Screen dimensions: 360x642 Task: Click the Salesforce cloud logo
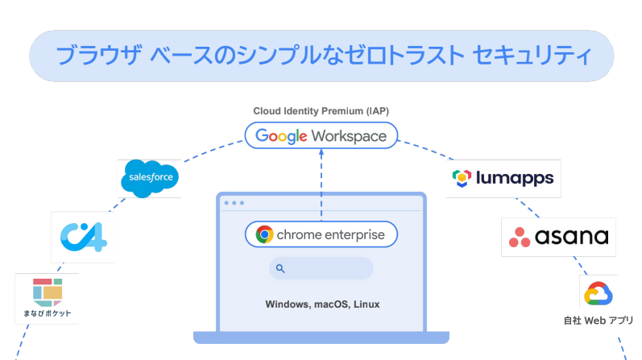coord(149,178)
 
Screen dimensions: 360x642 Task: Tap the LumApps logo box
coord(503,178)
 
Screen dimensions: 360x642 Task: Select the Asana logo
coord(558,237)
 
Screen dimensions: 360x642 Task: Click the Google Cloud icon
coord(599,295)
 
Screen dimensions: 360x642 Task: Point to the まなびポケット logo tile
coord(47,298)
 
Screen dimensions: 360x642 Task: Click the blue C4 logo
coord(83,237)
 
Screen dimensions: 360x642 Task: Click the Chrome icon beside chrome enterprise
coord(264,234)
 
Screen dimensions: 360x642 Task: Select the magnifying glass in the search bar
coord(280,268)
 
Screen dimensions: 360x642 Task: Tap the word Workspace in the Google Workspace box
coord(349,136)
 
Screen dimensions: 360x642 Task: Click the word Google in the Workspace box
coord(282,136)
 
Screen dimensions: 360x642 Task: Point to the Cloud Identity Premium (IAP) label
coord(321,110)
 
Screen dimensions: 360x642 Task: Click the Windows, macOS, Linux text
coord(321,305)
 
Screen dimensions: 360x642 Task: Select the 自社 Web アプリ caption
coord(598,320)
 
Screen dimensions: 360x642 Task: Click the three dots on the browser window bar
coord(234,203)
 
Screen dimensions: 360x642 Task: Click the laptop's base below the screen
coord(321,337)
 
